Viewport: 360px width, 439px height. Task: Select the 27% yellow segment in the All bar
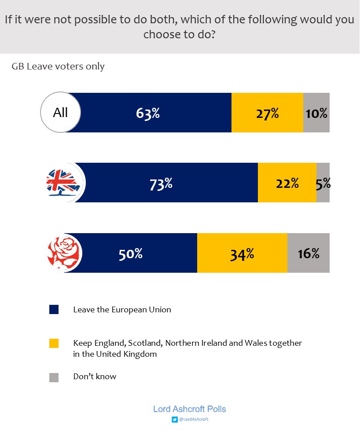[267, 113]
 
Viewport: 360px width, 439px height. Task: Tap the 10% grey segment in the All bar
[316, 113]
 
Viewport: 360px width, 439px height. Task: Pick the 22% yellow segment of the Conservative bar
[287, 183]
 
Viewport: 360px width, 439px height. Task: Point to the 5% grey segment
[323, 183]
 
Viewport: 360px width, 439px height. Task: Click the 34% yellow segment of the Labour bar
[242, 253]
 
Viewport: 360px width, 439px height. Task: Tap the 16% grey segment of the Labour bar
[308, 253]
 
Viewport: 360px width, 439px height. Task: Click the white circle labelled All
[60, 112]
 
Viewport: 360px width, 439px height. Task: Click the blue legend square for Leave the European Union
[54, 309]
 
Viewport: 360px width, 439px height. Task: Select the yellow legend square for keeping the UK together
[54, 343]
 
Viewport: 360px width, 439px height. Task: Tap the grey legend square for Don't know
[54, 377]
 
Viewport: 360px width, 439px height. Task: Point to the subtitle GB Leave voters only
[58, 66]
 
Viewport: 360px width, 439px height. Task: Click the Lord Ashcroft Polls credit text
[189, 409]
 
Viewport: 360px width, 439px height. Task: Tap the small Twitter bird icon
[174, 420]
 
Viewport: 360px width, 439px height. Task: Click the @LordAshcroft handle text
[193, 420]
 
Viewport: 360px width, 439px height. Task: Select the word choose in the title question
[162, 34]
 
